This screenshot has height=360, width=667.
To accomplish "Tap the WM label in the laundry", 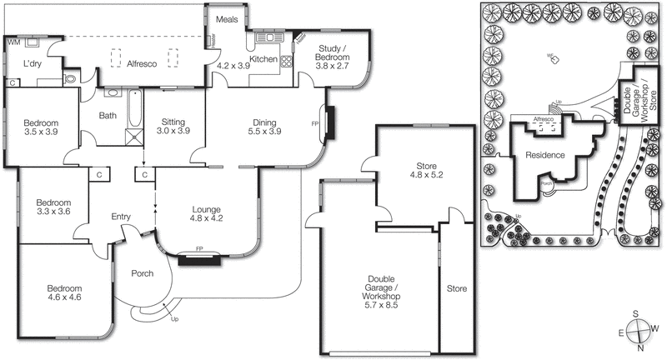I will (x=13, y=41).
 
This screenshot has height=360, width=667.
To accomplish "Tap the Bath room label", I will (x=108, y=116).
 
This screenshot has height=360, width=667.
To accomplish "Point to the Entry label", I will (x=121, y=217).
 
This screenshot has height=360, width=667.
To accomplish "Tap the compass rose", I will (x=637, y=331).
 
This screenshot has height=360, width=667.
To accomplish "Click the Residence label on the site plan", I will (x=545, y=156).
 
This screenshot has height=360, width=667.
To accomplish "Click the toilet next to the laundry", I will (x=70, y=78).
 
